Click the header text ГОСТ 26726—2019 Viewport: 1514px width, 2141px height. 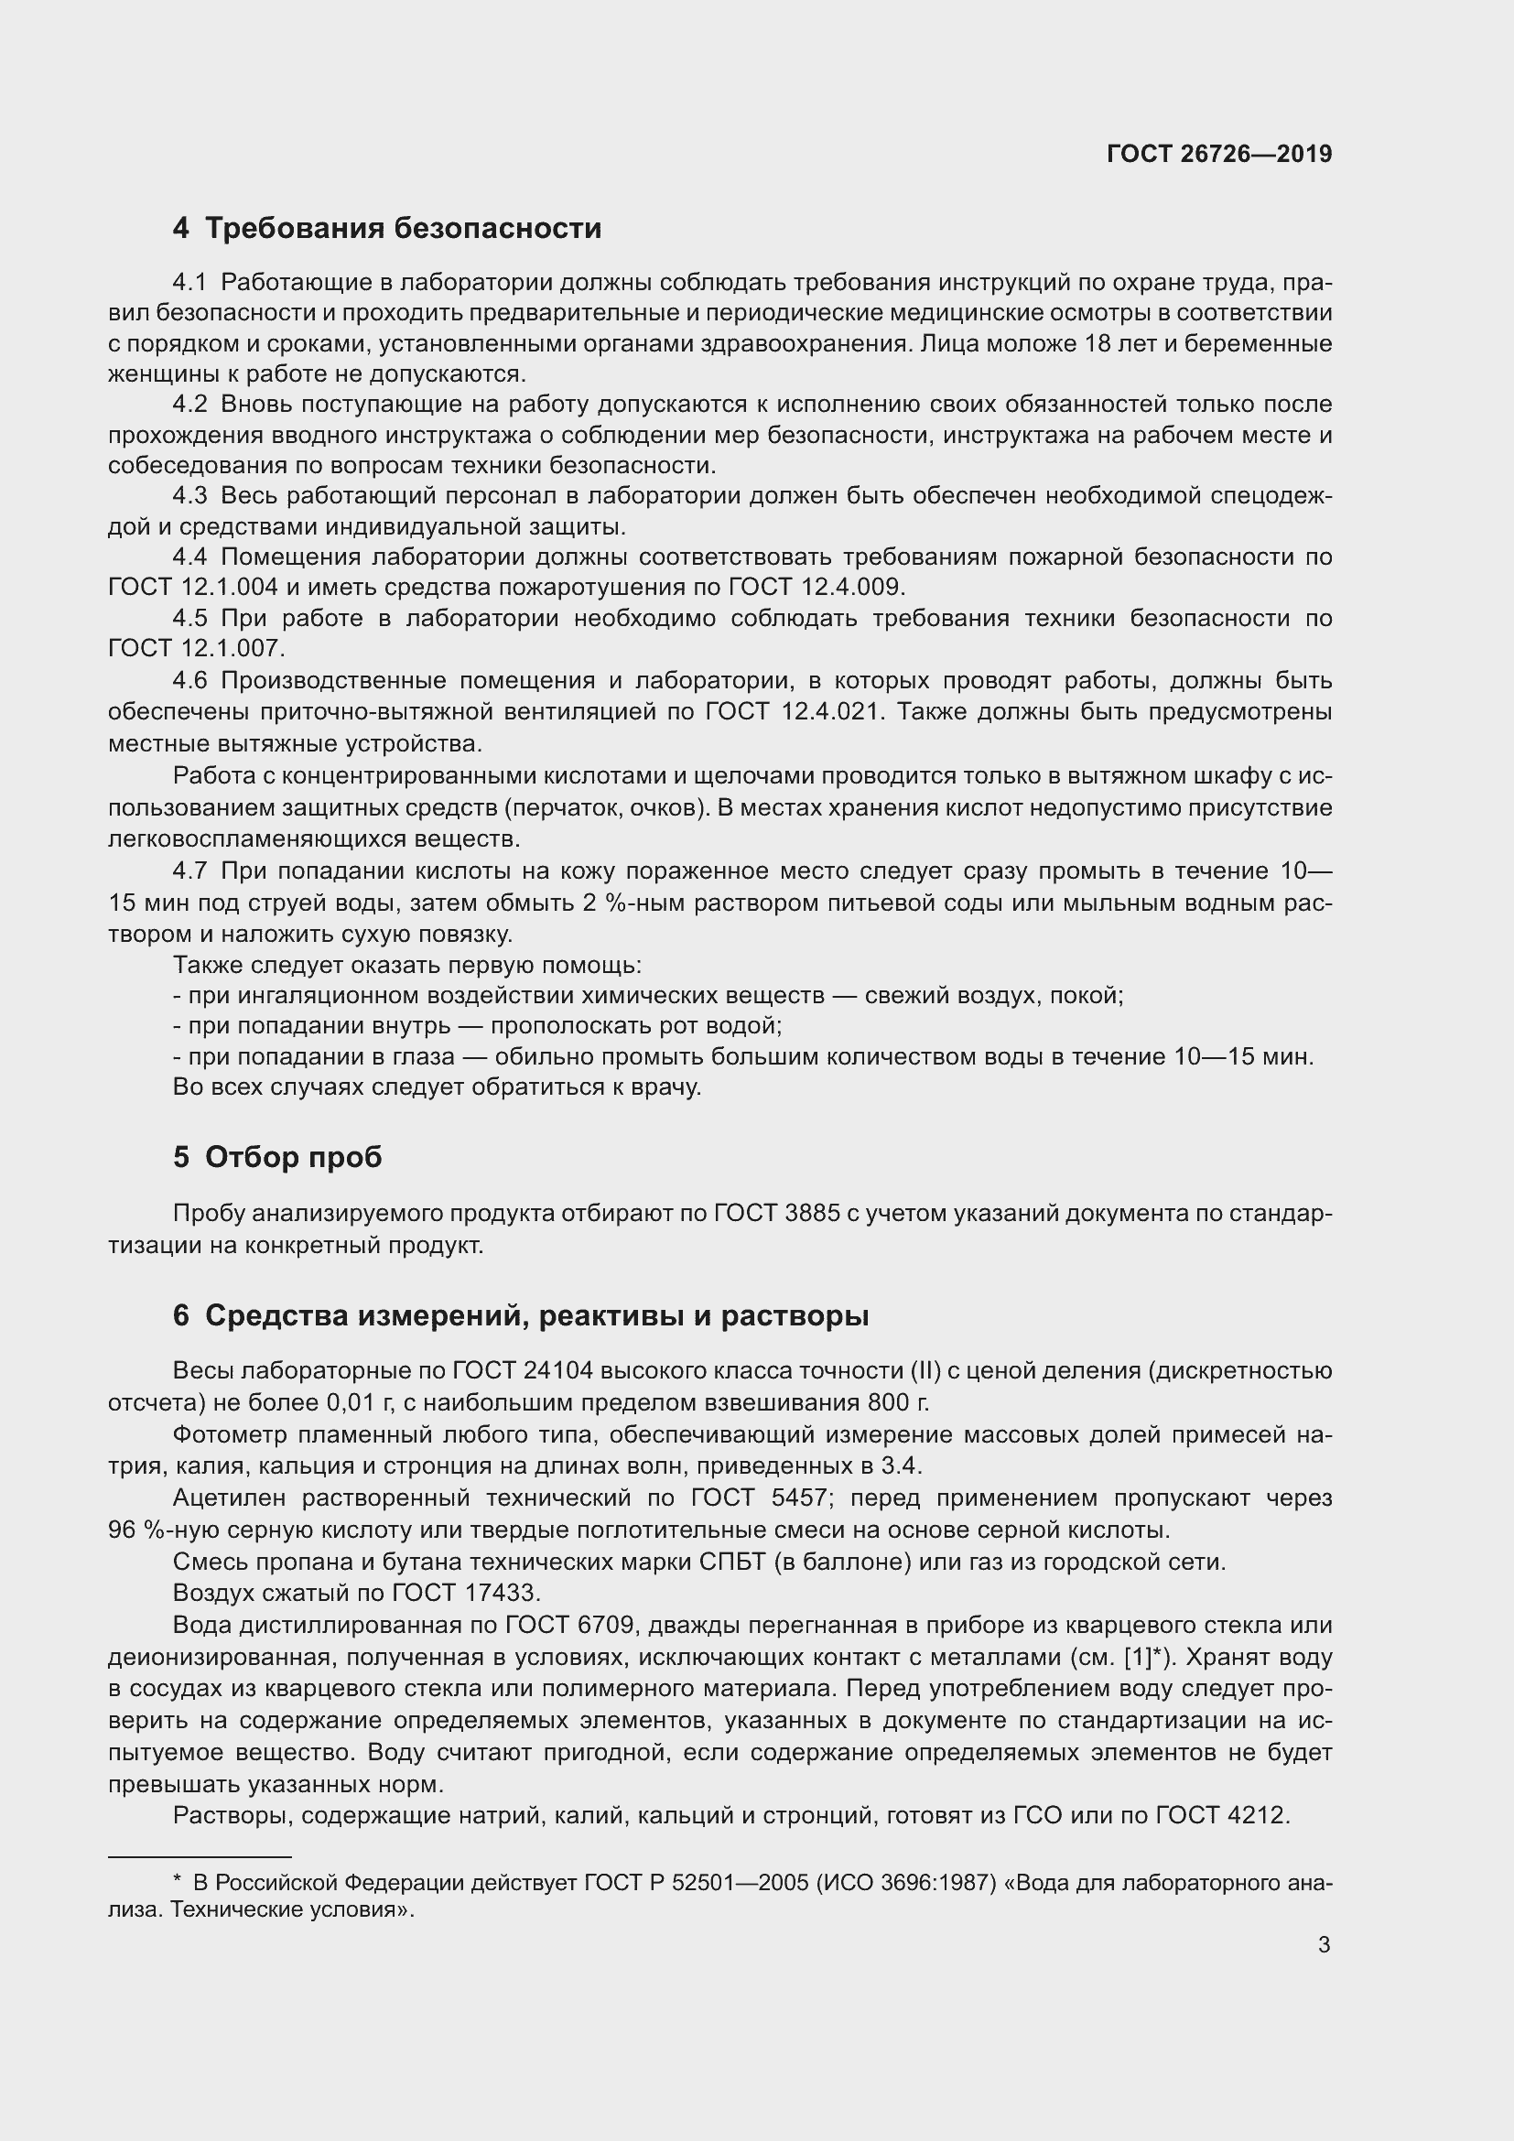coord(1218,154)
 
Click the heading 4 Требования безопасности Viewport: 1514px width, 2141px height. coord(387,229)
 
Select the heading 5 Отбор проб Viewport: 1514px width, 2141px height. coord(276,1157)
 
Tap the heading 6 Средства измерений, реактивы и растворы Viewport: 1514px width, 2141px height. coord(520,1315)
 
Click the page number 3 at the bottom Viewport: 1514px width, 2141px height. coord(1324,1945)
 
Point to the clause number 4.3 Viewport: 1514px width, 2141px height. coord(190,496)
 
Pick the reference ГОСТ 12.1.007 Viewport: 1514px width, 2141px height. coord(197,648)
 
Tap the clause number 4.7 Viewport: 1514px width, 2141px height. coord(190,870)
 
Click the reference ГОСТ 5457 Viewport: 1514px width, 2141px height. coord(759,1498)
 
